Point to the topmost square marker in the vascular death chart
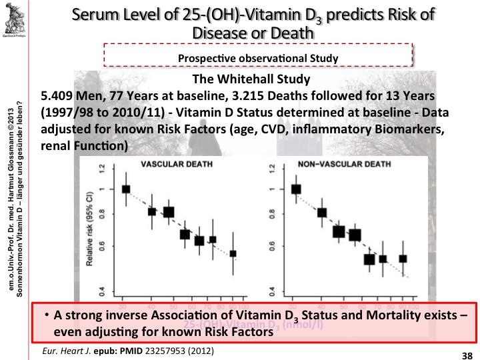click(x=126, y=189)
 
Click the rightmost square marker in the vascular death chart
click(x=233, y=253)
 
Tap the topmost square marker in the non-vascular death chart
click(x=297, y=189)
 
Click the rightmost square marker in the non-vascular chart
click(x=403, y=258)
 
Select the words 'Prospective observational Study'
click(x=258, y=58)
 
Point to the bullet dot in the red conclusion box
click(x=47, y=315)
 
